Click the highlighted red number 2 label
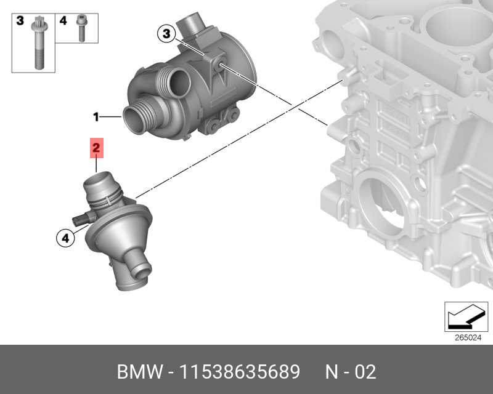[97, 148]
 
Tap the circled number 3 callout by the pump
[166, 33]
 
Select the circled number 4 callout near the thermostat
[65, 238]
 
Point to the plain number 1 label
[96, 117]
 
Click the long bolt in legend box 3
[39, 42]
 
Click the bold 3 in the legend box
[20, 21]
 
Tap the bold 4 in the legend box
[63, 21]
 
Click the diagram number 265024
[468, 338]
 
